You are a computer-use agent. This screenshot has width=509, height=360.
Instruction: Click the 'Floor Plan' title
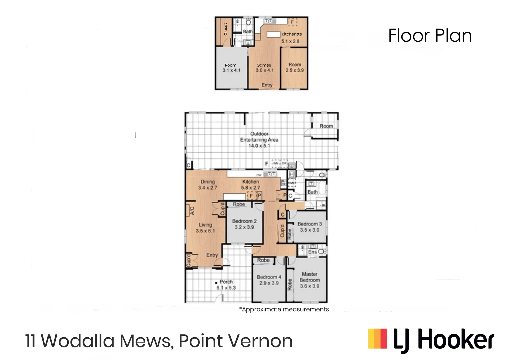pos(430,36)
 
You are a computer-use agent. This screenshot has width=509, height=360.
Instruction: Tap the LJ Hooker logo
pos(431,340)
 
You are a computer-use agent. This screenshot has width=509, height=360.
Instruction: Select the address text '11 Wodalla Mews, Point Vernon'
pos(159,341)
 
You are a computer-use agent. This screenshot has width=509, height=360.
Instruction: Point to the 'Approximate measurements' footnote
pos(284,309)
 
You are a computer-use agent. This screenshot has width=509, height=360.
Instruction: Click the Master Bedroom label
pos(310,277)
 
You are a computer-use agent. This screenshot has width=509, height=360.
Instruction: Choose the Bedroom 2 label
pos(244,221)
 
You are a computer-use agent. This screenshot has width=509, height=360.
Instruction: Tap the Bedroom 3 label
pos(310,224)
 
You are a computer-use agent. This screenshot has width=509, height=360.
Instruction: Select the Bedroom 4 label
pos(269,277)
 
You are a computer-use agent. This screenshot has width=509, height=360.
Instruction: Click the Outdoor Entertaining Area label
pos(259,137)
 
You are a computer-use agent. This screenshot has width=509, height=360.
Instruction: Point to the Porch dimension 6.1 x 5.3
pos(226,288)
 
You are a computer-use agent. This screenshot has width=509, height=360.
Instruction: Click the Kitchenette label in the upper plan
pos(292,34)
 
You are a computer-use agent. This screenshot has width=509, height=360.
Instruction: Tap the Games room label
pos(264,65)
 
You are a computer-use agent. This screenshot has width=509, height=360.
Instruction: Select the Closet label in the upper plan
pos(225,29)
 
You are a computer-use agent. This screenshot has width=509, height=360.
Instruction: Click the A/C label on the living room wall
pos(192,211)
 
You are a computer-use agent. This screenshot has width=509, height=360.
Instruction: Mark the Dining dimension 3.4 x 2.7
pos(208,188)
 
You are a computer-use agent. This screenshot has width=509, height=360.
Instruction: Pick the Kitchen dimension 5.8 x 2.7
pos(251,188)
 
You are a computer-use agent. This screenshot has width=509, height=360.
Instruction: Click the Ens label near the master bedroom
pos(312,252)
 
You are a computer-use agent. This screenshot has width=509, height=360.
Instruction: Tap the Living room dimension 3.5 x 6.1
pos(205,231)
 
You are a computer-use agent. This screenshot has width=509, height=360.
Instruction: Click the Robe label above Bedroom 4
pos(263,260)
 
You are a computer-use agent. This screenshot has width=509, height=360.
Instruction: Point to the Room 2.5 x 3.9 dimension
pos(295,70)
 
